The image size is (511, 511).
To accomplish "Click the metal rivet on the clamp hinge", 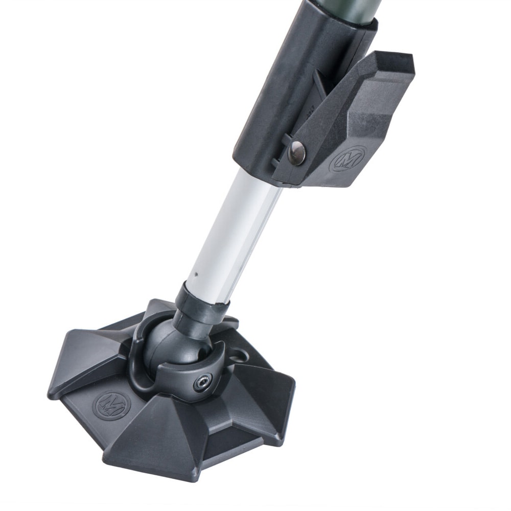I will point(297,152).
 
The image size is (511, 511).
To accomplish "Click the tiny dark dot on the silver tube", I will point(196,274).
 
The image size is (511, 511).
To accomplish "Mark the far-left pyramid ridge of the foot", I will point(82,358).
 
